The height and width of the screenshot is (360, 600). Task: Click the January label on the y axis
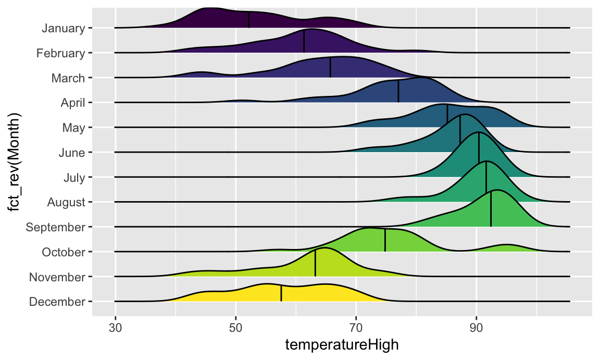[x=63, y=28]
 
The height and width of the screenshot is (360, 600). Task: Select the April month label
[x=73, y=103]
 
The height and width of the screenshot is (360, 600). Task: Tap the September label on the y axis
[x=55, y=227]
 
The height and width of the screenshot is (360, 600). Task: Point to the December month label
[x=57, y=302]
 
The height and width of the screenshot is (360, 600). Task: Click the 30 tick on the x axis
[x=115, y=328]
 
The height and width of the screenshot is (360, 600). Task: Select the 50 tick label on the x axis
[x=235, y=328]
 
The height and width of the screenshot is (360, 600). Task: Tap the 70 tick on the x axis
[x=356, y=328]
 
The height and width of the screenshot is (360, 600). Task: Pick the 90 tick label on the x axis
[x=476, y=328]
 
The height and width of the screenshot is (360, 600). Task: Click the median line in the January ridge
[x=249, y=20]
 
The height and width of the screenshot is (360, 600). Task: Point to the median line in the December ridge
[x=281, y=293]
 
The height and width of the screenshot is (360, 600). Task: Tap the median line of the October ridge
[x=385, y=240]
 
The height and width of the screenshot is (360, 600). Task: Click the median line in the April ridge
[x=398, y=92]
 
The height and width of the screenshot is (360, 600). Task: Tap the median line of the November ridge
[x=315, y=263]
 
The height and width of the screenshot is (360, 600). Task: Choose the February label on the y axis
[x=61, y=53]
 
